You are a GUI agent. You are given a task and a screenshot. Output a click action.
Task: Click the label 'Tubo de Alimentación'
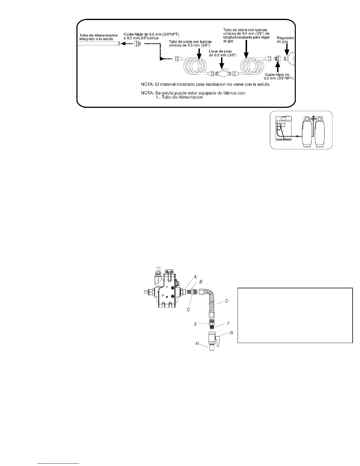coord(99,35)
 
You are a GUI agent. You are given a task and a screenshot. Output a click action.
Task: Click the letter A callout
coord(195,276)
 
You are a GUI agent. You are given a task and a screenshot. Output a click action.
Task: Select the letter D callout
coord(226,301)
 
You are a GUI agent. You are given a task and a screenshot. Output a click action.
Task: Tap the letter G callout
coord(231,332)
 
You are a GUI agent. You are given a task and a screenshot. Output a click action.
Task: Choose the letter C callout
coord(188,309)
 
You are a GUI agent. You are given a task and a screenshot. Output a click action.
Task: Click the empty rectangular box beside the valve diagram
coord(295,315)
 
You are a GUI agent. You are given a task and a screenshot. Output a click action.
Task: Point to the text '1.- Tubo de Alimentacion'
coord(179,97)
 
